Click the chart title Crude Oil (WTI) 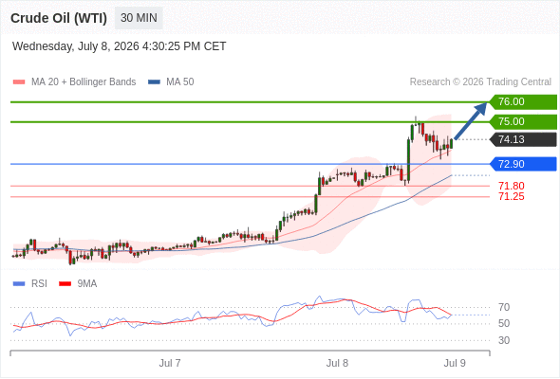point(59,18)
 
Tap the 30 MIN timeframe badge point(139,18)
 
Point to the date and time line point(119,46)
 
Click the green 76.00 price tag point(523,101)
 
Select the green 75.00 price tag point(523,121)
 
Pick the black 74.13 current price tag point(523,139)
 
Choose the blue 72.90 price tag point(523,164)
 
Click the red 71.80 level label point(511,186)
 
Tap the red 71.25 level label point(511,196)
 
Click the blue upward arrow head point(481,108)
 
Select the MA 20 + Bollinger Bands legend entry point(74,82)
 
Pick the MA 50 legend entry point(171,82)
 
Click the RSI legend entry point(30,284)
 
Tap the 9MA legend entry point(78,284)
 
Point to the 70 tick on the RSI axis point(504,307)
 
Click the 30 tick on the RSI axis point(504,340)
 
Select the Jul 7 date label point(170,363)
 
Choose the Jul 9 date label point(455,363)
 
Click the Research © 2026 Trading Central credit point(480,82)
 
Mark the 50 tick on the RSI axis point(504,323)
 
